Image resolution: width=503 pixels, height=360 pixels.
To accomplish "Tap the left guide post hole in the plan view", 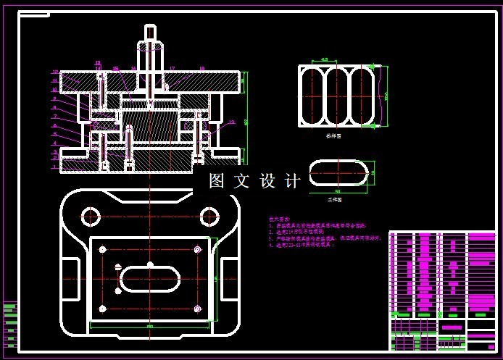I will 91,216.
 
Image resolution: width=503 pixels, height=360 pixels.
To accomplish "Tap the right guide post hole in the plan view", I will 209,216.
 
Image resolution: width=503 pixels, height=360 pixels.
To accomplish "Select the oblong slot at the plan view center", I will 149,279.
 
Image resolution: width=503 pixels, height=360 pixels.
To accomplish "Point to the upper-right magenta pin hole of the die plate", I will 197,249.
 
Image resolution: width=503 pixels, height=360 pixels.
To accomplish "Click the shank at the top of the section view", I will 149,36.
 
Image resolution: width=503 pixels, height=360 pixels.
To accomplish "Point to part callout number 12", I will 55,72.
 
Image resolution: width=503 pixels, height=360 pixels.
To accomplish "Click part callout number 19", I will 231,122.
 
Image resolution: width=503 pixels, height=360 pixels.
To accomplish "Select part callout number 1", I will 54,167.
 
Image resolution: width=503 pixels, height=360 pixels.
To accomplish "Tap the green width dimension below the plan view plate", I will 150,328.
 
